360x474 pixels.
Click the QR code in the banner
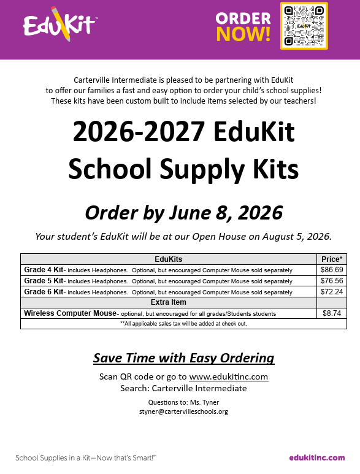(304, 26)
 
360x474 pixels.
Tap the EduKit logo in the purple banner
(59, 25)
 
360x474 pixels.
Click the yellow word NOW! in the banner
(243, 34)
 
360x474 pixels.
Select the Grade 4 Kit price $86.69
(332, 270)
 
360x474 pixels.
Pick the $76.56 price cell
(332, 281)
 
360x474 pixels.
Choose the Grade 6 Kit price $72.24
(332, 292)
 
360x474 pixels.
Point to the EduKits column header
(168, 259)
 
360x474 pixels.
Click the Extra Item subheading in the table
(168, 302)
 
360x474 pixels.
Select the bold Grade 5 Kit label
(44, 281)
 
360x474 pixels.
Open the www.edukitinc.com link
(228, 377)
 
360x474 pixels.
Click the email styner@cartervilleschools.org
(183, 411)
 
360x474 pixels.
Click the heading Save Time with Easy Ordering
(183, 358)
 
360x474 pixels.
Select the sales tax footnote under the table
(183, 323)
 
